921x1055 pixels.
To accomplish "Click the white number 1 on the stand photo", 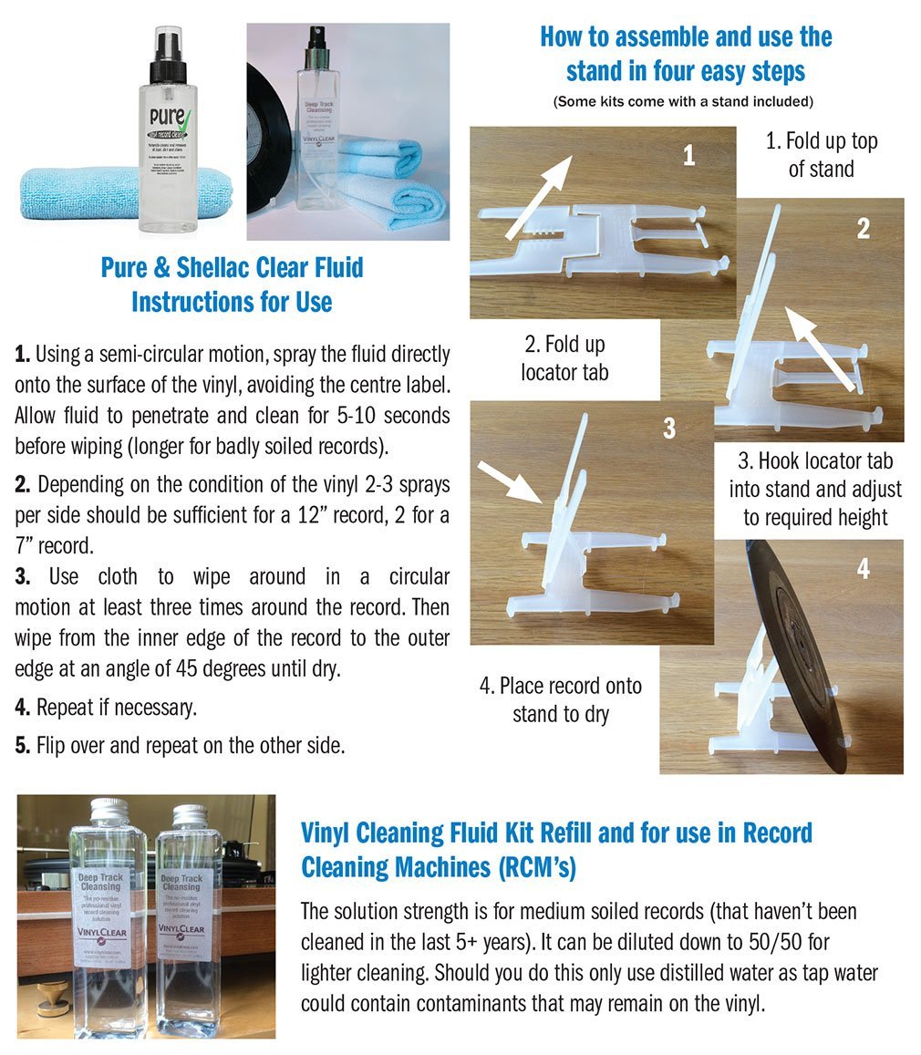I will click(x=689, y=155).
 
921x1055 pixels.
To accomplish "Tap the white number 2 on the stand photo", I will click(x=864, y=229).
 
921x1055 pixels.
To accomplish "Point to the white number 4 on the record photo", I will click(x=864, y=569).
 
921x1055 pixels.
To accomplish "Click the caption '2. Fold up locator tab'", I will click(x=564, y=358).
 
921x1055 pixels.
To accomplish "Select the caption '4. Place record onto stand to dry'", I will click(x=560, y=699).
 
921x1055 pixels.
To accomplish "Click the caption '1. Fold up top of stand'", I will click(x=821, y=155).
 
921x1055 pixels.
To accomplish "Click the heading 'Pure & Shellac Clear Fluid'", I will click(x=232, y=267).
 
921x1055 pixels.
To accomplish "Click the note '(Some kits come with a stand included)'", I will click(x=683, y=101).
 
